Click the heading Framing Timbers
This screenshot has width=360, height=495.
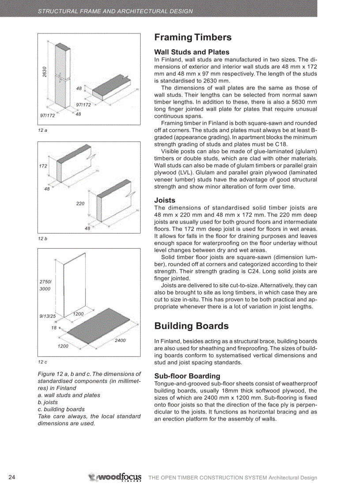(x=193, y=38)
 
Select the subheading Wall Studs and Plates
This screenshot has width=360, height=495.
(x=191, y=52)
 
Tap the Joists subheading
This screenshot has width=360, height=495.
(x=165, y=200)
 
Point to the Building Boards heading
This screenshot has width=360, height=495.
(x=191, y=326)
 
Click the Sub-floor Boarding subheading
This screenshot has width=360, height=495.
(x=187, y=376)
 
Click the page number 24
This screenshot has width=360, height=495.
(x=12, y=477)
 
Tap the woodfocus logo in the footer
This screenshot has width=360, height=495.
(x=115, y=477)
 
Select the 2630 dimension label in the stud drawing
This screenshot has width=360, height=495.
(x=45, y=72)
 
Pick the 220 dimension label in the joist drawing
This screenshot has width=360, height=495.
(x=80, y=204)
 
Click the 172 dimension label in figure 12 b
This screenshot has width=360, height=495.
(x=43, y=167)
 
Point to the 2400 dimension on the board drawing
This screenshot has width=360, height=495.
(x=120, y=340)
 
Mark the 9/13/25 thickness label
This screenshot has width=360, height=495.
(x=48, y=316)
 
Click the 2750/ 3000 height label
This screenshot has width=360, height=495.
(x=45, y=285)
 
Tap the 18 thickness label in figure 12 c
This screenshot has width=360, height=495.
(x=54, y=328)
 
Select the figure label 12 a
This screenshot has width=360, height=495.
(x=42, y=131)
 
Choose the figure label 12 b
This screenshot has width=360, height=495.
(x=42, y=238)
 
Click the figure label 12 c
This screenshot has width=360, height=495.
(x=42, y=362)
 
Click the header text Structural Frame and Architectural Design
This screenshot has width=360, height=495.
(x=115, y=11)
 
